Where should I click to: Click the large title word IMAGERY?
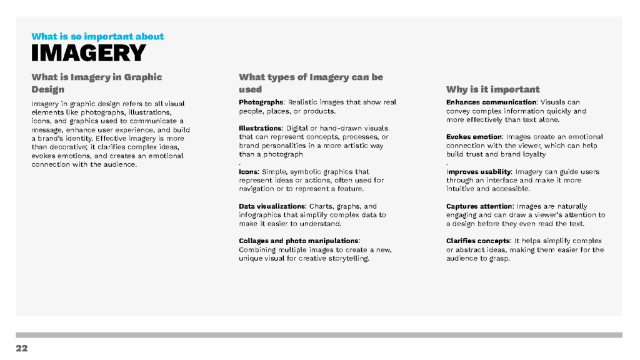[x=88, y=53]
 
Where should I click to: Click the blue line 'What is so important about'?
[x=97, y=36]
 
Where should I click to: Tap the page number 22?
[x=22, y=348]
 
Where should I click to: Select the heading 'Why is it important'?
[x=492, y=89]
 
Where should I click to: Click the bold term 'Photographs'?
[x=261, y=102]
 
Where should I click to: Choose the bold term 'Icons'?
[x=248, y=171]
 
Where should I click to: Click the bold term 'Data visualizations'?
[x=272, y=206]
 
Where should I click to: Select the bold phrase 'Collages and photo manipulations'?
[x=298, y=241]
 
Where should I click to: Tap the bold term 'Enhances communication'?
[x=491, y=102]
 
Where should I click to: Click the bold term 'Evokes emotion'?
[x=474, y=137]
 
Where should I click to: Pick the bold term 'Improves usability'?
[x=478, y=171]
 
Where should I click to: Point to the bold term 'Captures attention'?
[x=479, y=206]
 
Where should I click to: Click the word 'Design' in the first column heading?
[x=48, y=89]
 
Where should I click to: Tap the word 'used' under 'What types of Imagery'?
[x=250, y=89]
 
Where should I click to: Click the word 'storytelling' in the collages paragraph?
[x=348, y=258]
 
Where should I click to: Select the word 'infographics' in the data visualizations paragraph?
[x=261, y=214]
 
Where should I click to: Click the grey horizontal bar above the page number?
[x=319, y=335]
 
